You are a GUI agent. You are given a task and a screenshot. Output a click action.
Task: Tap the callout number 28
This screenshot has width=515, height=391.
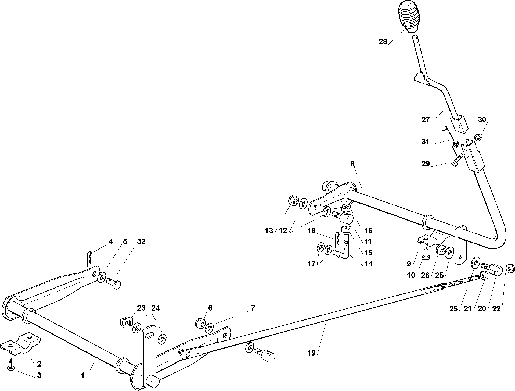pyautogui.click(x=383, y=42)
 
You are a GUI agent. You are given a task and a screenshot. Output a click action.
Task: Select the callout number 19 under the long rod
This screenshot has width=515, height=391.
pyautogui.click(x=311, y=353)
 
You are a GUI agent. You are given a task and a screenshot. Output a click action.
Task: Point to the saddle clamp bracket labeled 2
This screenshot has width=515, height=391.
pyautogui.click(x=20, y=345)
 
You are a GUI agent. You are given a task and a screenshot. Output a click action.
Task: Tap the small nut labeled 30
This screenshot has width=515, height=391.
pyautogui.click(x=478, y=137)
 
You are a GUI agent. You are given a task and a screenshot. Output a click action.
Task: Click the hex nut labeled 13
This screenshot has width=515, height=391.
pyautogui.click(x=293, y=200)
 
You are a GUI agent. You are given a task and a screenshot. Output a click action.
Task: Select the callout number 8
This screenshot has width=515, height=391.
pyautogui.click(x=352, y=164)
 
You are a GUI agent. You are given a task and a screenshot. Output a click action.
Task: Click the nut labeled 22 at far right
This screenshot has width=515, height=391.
pyautogui.click(x=510, y=268)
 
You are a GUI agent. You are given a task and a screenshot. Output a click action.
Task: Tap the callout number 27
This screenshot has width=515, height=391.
pyautogui.click(x=426, y=119)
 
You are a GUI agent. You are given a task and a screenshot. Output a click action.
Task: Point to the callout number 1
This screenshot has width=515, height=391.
pyautogui.click(x=83, y=375)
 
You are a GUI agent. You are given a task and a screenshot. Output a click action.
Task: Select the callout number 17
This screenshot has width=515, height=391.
pyautogui.click(x=311, y=264)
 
